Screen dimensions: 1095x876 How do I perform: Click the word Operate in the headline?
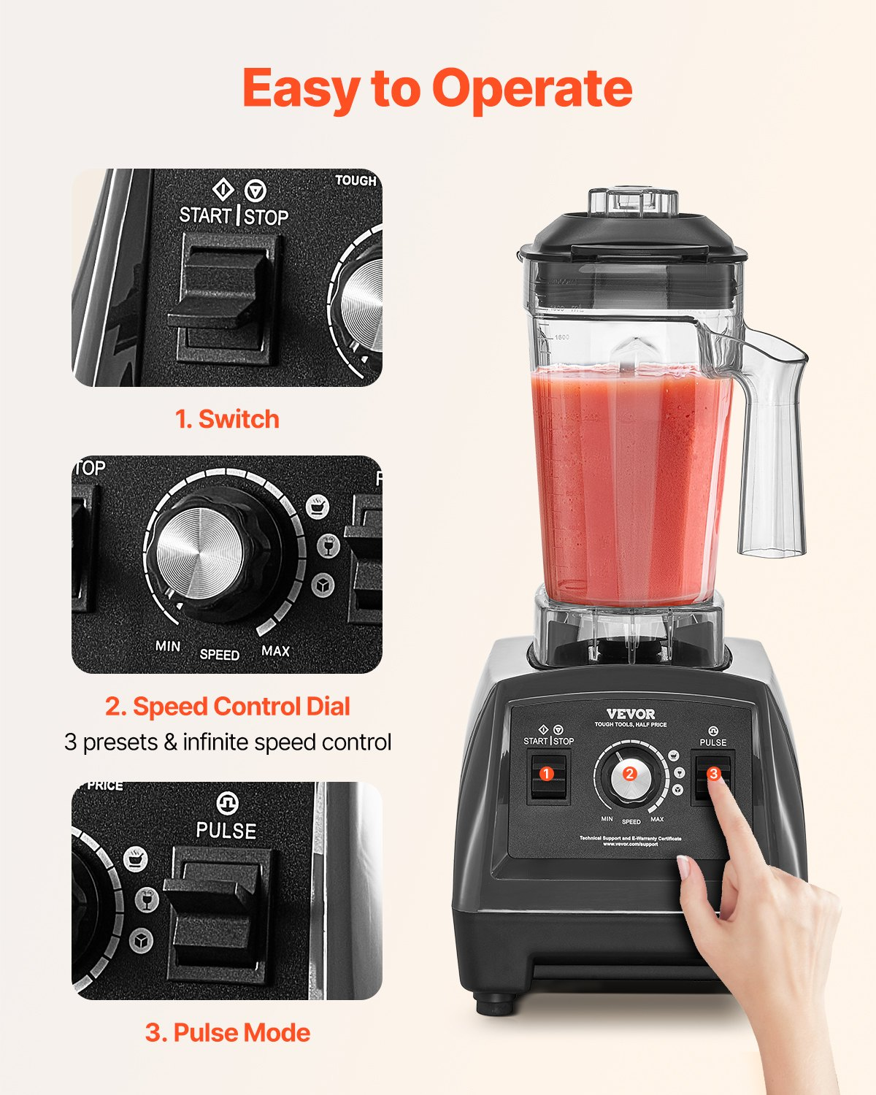pyautogui.click(x=531, y=89)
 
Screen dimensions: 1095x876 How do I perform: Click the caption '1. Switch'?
pyautogui.click(x=227, y=419)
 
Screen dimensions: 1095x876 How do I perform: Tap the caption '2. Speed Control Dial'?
pyautogui.click(x=227, y=706)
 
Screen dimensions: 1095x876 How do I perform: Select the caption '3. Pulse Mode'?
pyautogui.click(x=227, y=1032)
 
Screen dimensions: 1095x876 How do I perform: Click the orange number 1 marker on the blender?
pyautogui.click(x=546, y=774)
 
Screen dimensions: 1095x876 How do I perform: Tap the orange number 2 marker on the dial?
pyautogui.click(x=630, y=775)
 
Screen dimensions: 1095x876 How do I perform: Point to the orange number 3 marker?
pyautogui.click(x=713, y=773)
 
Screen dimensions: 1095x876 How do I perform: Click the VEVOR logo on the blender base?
pyautogui.click(x=630, y=714)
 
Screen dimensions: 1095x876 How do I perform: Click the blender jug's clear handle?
pyautogui.click(x=772, y=453)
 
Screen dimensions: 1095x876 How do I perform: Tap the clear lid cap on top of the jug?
pyautogui.click(x=634, y=199)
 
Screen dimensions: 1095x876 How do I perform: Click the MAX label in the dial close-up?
pyautogui.click(x=275, y=650)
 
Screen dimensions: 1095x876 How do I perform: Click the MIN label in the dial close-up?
pyautogui.click(x=168, y=646)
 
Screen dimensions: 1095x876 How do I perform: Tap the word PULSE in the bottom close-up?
pyautogui.click(x=226, y=831)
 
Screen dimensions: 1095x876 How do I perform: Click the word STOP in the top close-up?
pyautogui.click(x=266, y=217)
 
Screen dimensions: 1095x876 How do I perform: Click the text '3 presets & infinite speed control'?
pyautogui.click(x=227, y=742)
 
